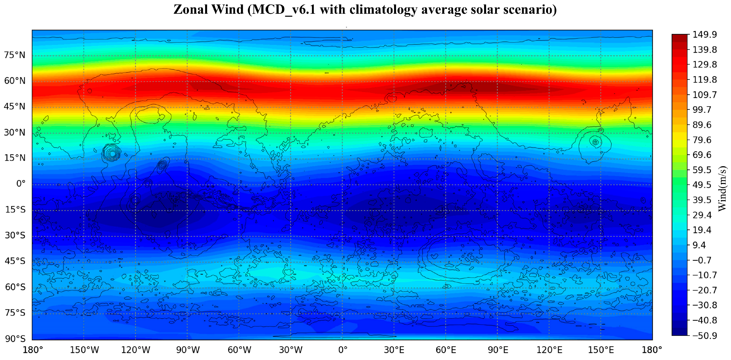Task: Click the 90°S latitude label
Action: [x=15, y=339]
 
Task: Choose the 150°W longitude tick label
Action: [x=84, y=350]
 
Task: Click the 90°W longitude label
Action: [x=188, y=350]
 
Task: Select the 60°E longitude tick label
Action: [x=446, y=350]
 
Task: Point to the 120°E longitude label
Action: [x=549, y=350]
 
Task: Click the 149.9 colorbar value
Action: [x=705, y=35]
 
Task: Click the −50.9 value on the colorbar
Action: [x=705, y=336]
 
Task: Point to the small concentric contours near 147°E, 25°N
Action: [x=595, y=142]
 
